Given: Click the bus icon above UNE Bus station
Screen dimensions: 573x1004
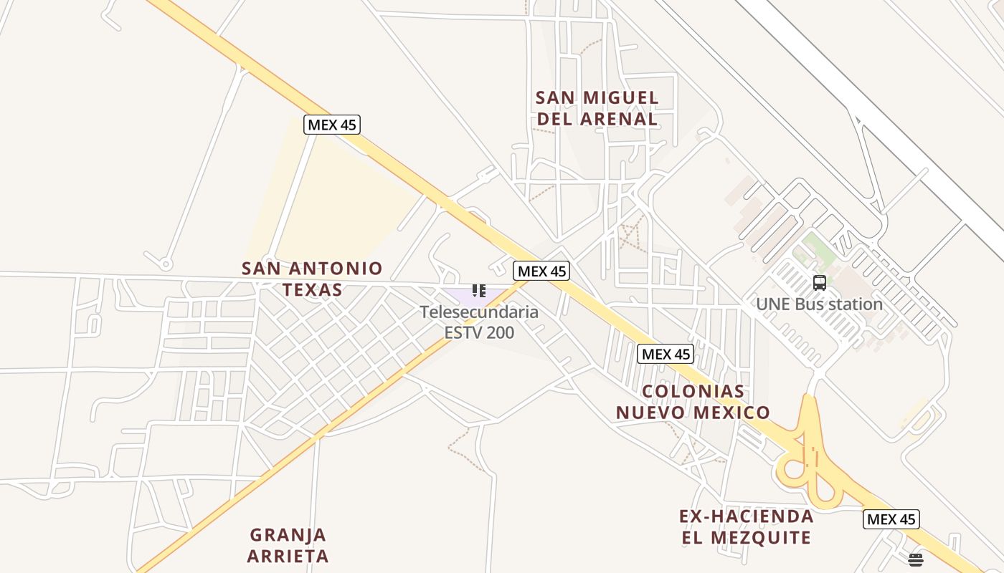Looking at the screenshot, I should point(820,283).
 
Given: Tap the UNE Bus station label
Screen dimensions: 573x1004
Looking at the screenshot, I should point(819,304).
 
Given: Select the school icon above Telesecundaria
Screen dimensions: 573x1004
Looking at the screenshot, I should point(478,291).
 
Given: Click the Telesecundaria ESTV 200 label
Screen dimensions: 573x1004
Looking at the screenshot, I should point(479,322).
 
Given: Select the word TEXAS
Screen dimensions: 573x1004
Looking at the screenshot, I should point(312,290).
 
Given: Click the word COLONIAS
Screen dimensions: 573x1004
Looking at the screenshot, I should point(693,392).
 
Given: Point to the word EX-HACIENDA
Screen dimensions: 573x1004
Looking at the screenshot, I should point(746,516).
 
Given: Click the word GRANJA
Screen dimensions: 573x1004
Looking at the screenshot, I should point(288,535).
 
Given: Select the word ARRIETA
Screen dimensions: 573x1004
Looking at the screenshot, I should point(288,556).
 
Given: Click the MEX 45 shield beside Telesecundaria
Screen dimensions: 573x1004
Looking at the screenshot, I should point(541,271).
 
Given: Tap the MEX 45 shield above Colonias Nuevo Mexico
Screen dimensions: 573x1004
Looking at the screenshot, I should point(666,354).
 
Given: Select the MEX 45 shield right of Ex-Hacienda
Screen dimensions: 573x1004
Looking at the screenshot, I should point(891,519).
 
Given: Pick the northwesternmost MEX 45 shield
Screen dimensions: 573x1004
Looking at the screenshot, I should point(331,125).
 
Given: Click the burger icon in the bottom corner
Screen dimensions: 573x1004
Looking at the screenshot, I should point(915,559).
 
